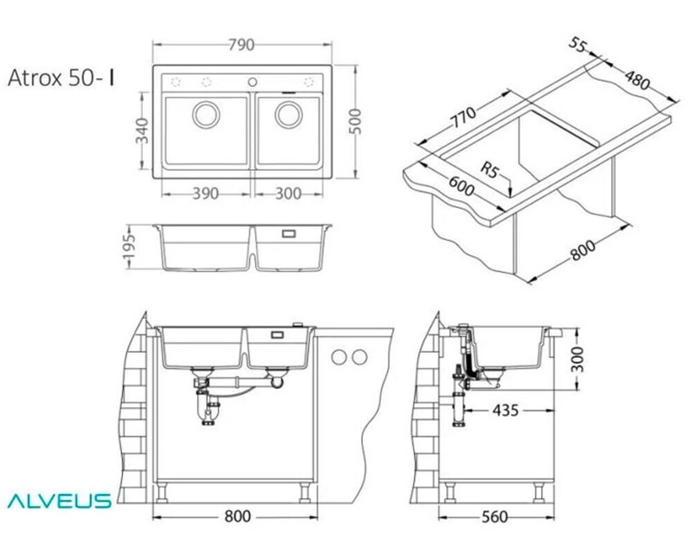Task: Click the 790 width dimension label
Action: point(241,45)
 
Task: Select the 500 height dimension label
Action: point(356,121)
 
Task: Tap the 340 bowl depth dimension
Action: point(142,131)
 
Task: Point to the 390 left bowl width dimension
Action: point(205,193)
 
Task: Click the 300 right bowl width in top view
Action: point(288,193)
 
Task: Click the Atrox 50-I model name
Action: point(62,78)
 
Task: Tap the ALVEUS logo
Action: point(59,501)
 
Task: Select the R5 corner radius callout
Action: point(489,170)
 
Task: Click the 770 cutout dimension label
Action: point(462,117)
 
